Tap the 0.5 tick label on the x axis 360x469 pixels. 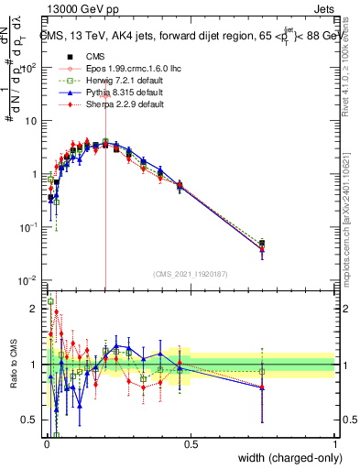point(191,444)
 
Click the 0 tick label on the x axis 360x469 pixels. point(46,444)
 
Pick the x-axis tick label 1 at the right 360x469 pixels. point(334,444)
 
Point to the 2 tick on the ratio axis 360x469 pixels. point(35,309)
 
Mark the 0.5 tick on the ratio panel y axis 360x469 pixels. point(30,420)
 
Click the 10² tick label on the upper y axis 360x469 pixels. point(29,67)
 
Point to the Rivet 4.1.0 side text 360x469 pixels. point(352,64)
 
